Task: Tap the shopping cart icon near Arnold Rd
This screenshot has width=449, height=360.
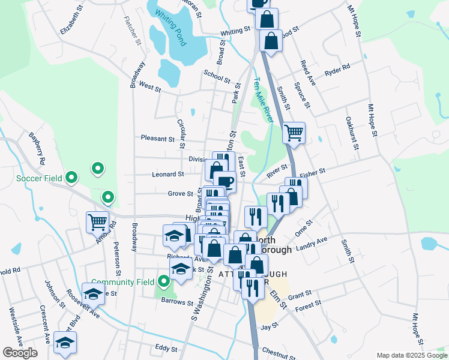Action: (97, 222)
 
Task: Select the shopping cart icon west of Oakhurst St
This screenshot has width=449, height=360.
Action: (294, 133)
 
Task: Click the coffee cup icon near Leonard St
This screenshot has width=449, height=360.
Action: (224, 181)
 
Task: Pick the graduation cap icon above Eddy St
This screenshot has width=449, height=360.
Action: (65, 343)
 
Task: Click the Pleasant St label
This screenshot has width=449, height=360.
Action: (157, 138)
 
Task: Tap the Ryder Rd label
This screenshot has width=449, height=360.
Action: (337, 70)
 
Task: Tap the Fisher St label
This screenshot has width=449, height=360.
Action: (312, 172)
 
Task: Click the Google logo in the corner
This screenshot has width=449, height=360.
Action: (20, 353)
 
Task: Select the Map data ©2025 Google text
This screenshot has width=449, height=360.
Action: (411, 355)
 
